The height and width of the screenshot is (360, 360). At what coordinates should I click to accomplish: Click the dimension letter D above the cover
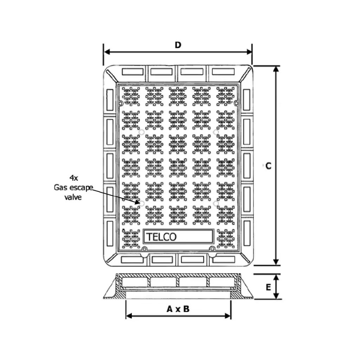178,45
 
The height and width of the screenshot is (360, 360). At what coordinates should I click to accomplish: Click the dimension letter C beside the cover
268,166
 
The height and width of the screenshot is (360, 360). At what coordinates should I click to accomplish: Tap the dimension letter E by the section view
268,287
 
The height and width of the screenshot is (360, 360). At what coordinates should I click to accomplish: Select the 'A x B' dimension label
178,309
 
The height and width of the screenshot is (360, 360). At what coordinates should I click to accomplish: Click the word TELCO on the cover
161,237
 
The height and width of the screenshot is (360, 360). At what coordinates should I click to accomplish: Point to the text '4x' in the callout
73,178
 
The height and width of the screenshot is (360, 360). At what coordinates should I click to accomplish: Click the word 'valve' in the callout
73,197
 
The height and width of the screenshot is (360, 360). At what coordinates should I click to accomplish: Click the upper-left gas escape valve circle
142,132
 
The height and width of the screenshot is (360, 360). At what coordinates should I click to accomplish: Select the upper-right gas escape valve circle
216,132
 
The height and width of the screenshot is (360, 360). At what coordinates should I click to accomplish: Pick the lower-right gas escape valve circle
216,204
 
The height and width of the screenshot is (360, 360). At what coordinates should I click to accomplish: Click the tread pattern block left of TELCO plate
131,239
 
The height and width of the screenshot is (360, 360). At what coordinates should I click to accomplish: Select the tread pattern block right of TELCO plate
226,239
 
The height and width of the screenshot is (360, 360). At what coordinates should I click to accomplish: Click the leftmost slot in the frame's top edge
133,72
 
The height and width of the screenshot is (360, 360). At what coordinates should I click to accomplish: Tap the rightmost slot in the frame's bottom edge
224,260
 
